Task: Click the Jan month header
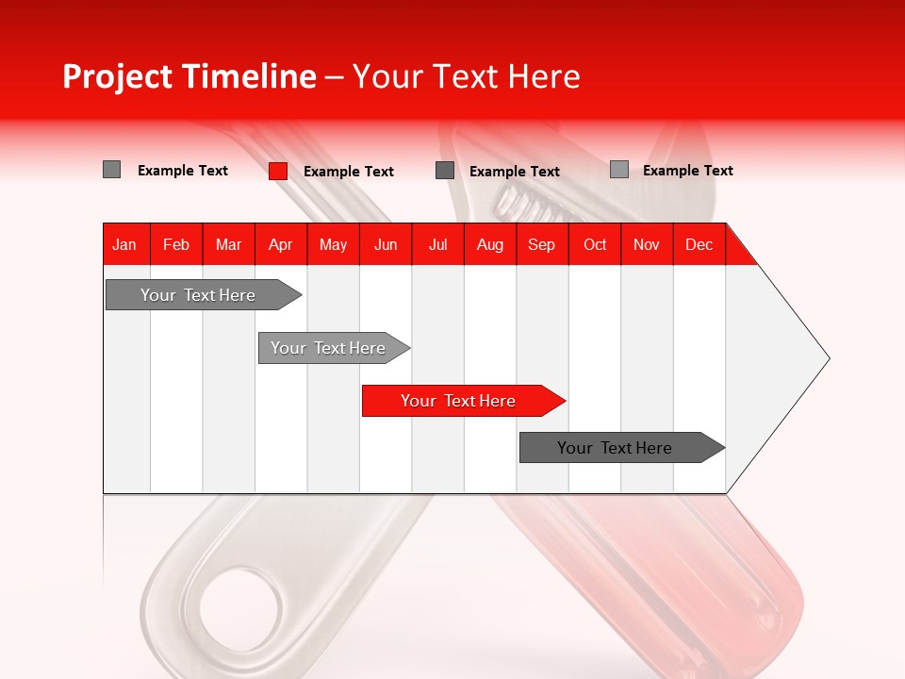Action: coord(124,244)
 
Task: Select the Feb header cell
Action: coord(176,244)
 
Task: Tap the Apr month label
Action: coord(280,244)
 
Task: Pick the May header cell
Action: coord(333,244)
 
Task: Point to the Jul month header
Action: coord(437,244)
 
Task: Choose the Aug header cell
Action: coord(489,244)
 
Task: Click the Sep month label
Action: coord(541,244)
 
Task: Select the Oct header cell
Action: coord(595,244)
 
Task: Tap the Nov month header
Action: coord(646,244)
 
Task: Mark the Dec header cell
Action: coord(699,244)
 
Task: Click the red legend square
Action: coord(277,171)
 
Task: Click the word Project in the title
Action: coord(117,76)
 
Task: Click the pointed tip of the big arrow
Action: coord(827,358)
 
